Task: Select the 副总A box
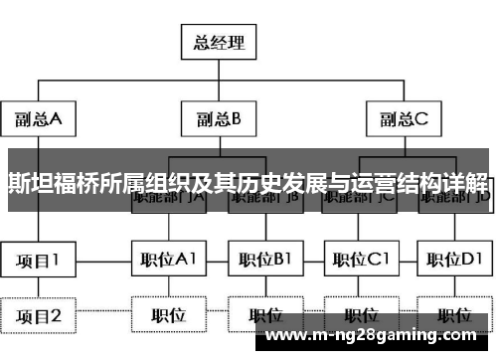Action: point(39,119)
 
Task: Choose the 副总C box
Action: point(402,119)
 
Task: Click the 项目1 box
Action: point(39,261)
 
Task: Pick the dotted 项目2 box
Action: point(39,316)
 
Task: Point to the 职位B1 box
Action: point(264,261)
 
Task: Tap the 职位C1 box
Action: point(360,261)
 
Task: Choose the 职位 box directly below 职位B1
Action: point(264,316)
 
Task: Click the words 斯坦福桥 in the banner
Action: point(48,182)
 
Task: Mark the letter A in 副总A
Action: point(56,119)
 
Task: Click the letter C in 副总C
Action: point(420,119)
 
